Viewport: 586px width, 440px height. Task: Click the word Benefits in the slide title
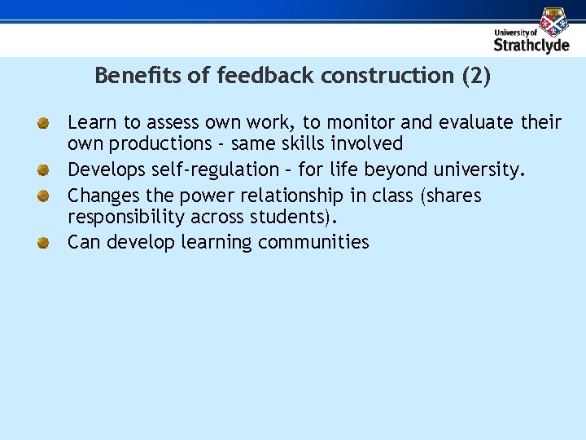click(x=126, y=76)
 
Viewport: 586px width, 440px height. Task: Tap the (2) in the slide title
click(x=475, y=76)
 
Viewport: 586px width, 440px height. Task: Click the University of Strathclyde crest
click(x=553, y=20)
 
